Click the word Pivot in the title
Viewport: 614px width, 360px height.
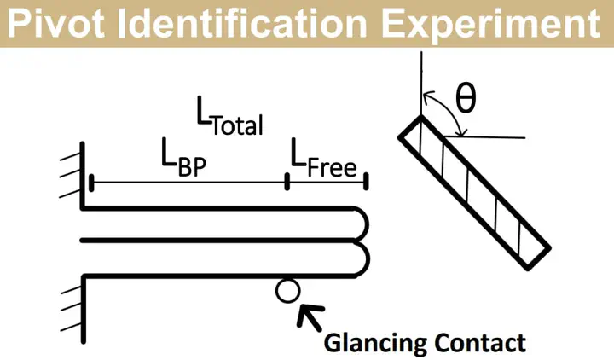(x=56, y=24)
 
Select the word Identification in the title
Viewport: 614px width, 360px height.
(x=242, y=24)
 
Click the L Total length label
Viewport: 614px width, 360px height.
(x=229, y=116)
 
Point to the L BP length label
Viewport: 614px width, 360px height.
(x=183, y=157)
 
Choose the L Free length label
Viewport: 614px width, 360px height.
(x=323, y=158)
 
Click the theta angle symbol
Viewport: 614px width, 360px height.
(x=466, y=99)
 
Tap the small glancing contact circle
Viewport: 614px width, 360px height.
(x=288, y=291)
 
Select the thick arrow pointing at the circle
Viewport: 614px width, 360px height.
(x=310, y=316)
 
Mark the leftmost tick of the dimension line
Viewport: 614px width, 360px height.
(x=91, y=183)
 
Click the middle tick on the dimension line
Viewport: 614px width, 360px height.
(x=287, y=182)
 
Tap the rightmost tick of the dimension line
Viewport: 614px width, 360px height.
(x=366, y=182)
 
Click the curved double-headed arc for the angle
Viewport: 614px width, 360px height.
(x=451, y=109)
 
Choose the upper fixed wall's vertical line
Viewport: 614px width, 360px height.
(x=82, y=175)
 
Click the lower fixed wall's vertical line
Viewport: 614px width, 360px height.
(x=84, y=310)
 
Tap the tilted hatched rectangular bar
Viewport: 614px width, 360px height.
(x=475, y=192)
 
